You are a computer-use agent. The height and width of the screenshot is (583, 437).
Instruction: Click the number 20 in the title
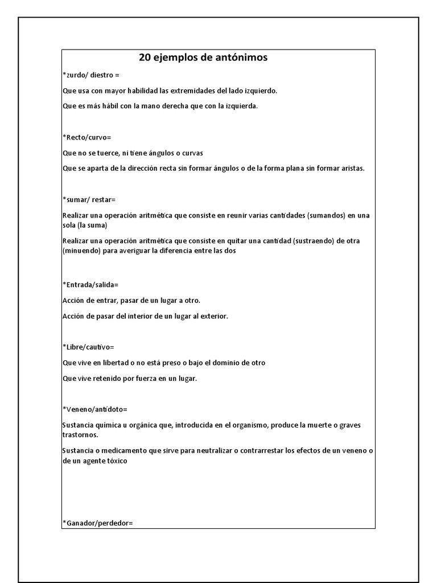click(x=146, y=58)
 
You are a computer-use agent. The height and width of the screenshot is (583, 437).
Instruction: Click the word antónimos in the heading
click(x=239, y=58)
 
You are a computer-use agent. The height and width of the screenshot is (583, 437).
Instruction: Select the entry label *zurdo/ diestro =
click(x=91, y=75)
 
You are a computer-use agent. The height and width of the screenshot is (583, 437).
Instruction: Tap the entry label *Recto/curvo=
click(x=86, y=137)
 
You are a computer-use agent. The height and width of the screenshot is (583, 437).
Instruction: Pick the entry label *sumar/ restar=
click(x=89, y=200)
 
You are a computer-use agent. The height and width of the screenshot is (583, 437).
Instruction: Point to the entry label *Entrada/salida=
click(x=90, y=284)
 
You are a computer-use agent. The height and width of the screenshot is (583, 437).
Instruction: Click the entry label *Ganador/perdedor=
click(x=97, y=522)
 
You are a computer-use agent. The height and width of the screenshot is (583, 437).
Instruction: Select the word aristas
click(x=351, y=169)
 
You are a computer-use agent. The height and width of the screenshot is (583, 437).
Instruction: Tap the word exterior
click(x=214, y=316)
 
